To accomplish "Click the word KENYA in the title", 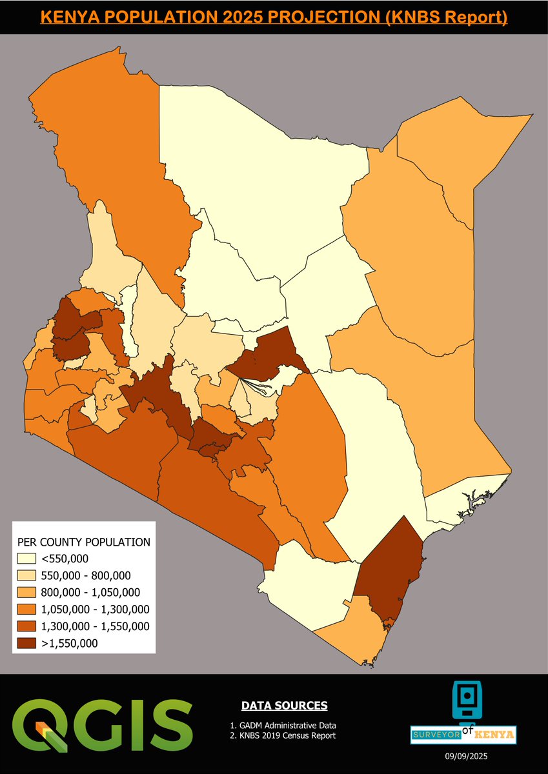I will pos(70,17).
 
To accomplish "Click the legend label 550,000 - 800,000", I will pos(86,575).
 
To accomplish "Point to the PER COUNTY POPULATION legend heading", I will pos(84,542).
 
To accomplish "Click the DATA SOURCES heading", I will pos(284,706).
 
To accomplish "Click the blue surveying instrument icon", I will pos(463,700).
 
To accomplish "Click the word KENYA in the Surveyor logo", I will pos(494,734).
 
